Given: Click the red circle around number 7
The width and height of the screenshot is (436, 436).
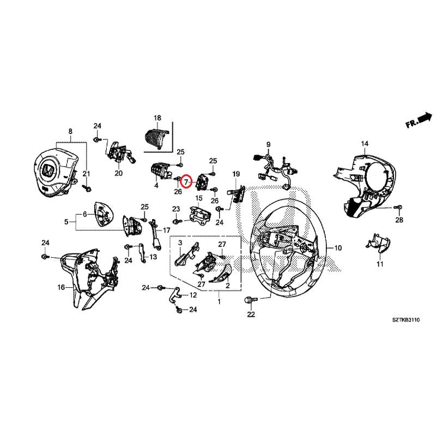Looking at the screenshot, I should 186,180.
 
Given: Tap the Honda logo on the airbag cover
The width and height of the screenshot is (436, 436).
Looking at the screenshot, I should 48,171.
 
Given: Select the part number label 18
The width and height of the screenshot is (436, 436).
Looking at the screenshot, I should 158,118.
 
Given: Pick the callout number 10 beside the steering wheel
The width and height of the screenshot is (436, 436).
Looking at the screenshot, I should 338,248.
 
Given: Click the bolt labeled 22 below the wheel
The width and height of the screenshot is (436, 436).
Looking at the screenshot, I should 251,300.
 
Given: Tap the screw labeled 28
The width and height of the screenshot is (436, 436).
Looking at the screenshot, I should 397,208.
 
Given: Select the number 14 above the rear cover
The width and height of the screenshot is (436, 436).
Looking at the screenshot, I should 364,143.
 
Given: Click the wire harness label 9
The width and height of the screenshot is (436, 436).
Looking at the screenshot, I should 268,144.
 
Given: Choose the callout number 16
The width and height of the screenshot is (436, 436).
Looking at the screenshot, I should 60,287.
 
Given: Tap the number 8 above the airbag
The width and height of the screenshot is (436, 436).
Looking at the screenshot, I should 70,131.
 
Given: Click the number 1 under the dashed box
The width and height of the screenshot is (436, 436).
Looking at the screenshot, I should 219,301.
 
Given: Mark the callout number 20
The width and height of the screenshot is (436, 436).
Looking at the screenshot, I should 118,174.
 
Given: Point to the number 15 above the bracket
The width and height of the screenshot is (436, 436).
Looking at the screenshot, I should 199,198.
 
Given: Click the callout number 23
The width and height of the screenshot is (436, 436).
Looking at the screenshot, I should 176,209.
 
